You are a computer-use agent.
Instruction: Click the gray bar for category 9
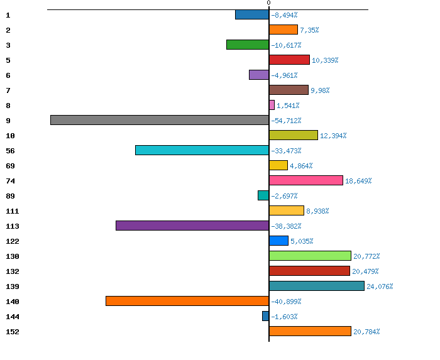[x=160, y=120]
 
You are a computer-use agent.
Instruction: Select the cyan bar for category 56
[x=202, y=150]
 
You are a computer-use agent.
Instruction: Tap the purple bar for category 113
[x=192, y=226]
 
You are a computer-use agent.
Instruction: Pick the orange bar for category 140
[x=187, y=301]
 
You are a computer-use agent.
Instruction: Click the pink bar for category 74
[x=305, y=180]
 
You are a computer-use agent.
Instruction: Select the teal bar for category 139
[x=316, y=286]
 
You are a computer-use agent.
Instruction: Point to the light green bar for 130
[x=310, y=256]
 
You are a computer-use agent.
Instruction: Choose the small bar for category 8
[x=272, y=105]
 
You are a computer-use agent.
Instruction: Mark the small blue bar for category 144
[x=265, y=316]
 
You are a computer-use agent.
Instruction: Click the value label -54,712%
[x=286, y=121]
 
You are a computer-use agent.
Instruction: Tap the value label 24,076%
[x=380, y=286]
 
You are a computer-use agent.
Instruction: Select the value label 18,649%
[x=358, y=181]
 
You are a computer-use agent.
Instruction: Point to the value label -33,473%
[x=286, y=151]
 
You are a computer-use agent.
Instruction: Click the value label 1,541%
[x=289, y=106]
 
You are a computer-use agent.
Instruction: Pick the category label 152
[x=12, y=332]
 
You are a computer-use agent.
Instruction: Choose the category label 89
[x=10, y=196]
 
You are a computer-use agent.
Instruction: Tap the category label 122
[x=12, y=241]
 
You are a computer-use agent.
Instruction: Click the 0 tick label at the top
[x=268, y=3]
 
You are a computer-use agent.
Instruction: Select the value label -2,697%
[x=284, y=196]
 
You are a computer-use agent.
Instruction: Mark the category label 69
[x=10, y=166]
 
